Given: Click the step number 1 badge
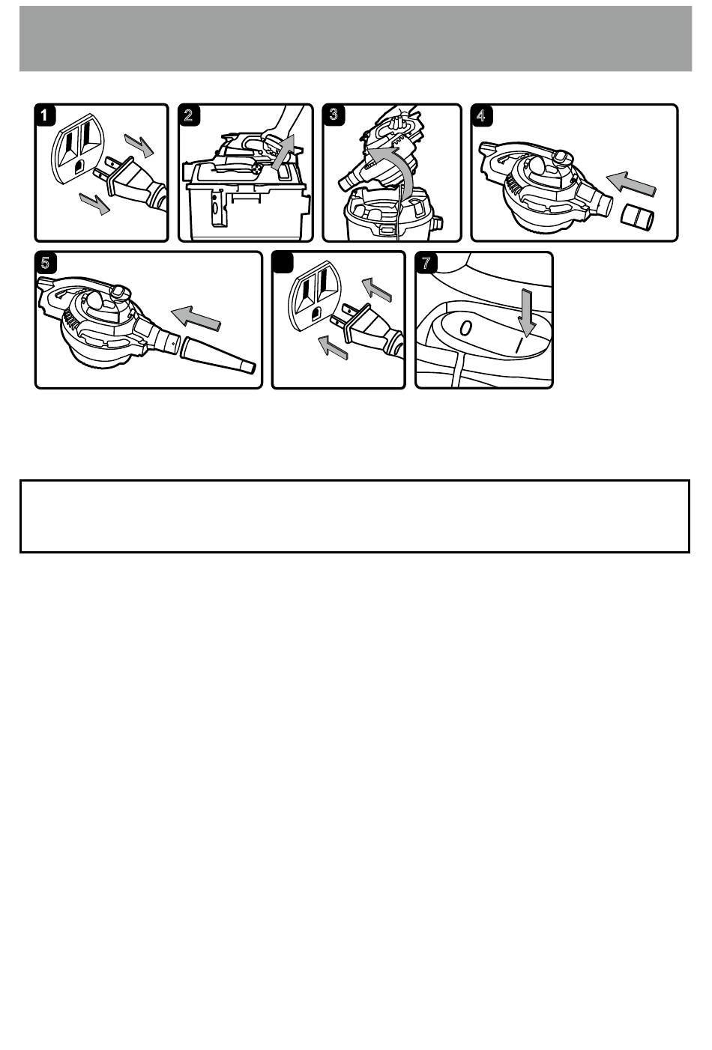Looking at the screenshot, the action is (45, 115).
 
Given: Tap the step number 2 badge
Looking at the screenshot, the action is (189, 115).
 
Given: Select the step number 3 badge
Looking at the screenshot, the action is (334, 115).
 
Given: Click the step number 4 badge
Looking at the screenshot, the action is (482, 115).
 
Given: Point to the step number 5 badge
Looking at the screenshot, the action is (46, 262).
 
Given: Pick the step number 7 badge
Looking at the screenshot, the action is (426, 262).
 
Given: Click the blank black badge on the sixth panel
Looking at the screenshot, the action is (283, 261).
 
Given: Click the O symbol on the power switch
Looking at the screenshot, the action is (465, 328).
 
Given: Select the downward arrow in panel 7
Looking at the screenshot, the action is (527, 312).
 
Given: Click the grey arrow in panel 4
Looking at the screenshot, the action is (631, 183).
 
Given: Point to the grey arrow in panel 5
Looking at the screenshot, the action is (196, 317).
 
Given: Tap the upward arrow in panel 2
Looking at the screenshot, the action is (284, 151).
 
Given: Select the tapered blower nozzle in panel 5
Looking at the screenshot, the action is (217, 354).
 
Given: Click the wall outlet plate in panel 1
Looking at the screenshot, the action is (79, 147).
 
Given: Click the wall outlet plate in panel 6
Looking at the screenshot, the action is (316, 297).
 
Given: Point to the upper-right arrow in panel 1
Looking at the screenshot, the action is (139, 145).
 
